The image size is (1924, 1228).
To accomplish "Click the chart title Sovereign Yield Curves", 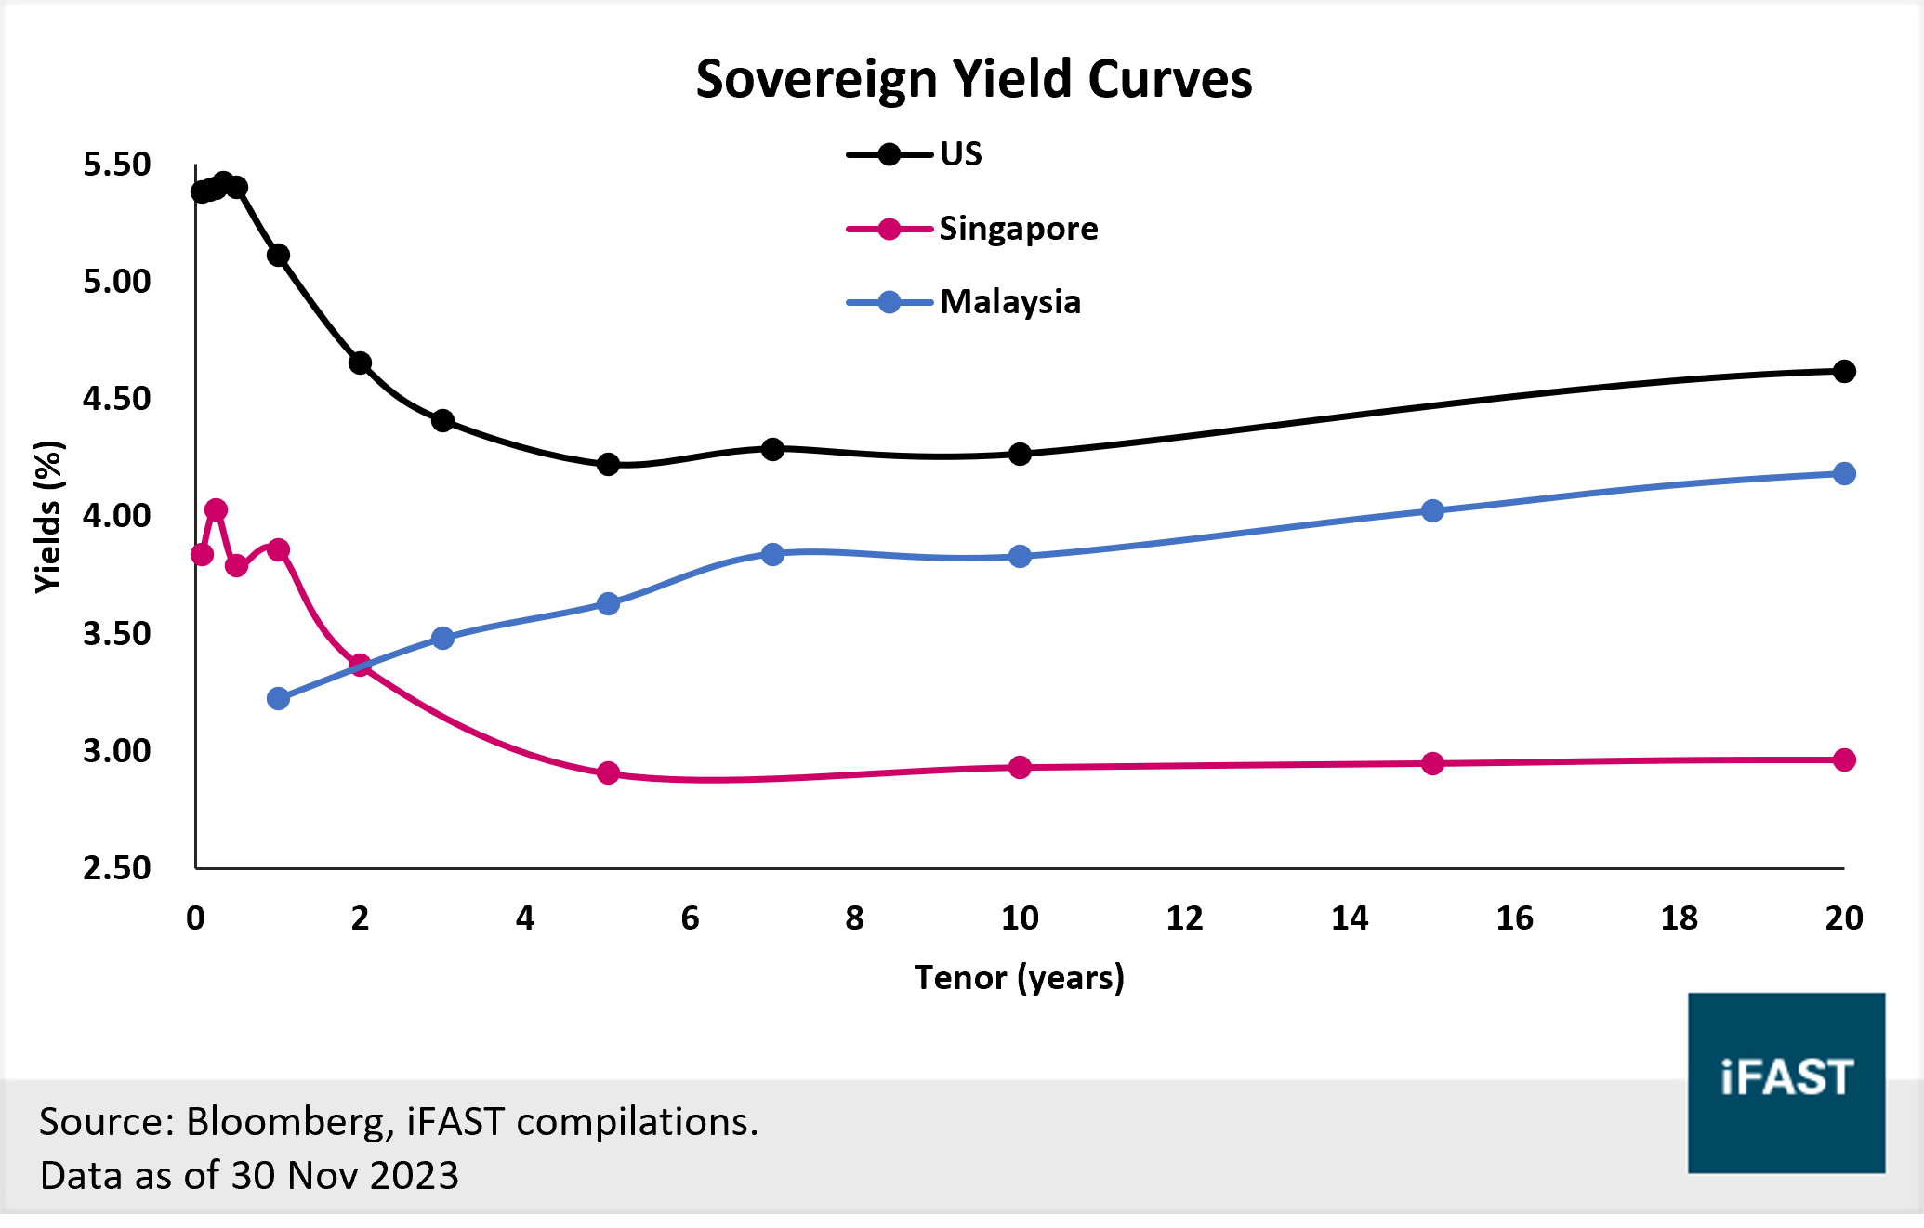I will (973, 79).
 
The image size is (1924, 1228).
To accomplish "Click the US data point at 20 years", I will (1844, 372).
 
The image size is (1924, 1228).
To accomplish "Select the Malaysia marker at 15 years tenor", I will (1432, 511).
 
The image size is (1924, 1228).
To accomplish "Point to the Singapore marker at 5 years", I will (608, 773).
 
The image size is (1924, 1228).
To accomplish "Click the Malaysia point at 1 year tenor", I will (278, 699).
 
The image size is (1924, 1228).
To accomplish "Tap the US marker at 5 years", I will (608, 464).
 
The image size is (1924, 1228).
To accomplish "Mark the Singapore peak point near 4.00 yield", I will (216, 509).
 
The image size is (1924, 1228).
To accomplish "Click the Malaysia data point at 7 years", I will (772, 554).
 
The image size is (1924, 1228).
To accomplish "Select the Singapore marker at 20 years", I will (1844, 760).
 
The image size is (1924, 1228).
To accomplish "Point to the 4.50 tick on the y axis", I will (117, 399).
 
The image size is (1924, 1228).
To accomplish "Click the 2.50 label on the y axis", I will (117, 868).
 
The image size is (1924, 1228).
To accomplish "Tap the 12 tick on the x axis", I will (1184, 918).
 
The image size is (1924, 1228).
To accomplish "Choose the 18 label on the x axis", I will (1679, 918).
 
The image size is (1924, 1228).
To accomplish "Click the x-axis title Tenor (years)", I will (1019, 978).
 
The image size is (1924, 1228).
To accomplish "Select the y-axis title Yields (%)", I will (48, 517).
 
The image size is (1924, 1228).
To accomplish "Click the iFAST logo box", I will (1786, 1082).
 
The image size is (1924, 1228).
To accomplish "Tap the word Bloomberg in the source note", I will (284, 1122).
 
